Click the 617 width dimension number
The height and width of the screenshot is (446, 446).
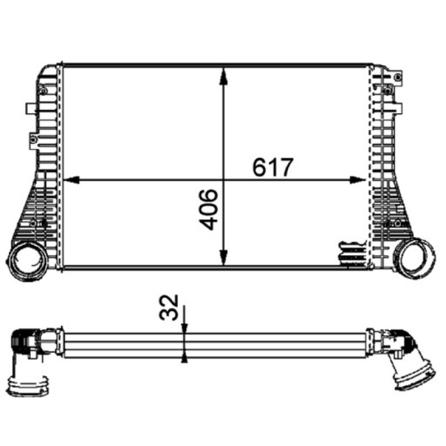(x=273, y=167)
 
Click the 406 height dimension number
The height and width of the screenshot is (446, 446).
(x=209, y=210)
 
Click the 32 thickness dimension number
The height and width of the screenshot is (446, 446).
(x=169, y=308)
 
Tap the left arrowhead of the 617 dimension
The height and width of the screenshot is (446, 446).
(x=71, y=180)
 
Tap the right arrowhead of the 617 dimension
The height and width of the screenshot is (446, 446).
(x=357, y=180)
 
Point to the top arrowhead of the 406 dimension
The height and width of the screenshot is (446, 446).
(x=224, y=76)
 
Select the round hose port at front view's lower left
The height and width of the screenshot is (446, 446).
(x=28, y=260)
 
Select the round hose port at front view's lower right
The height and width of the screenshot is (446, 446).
(x=414, y=259)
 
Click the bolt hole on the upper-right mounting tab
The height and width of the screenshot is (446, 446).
(x=398, y=76)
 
